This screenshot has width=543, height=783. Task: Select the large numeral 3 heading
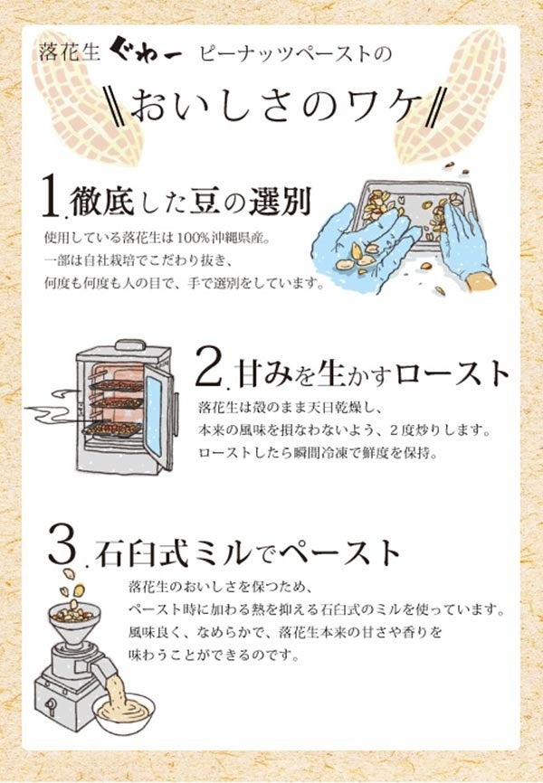[59, 546]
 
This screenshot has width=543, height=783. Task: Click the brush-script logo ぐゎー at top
[159, 55]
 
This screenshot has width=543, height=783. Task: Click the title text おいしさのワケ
[271, 107]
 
